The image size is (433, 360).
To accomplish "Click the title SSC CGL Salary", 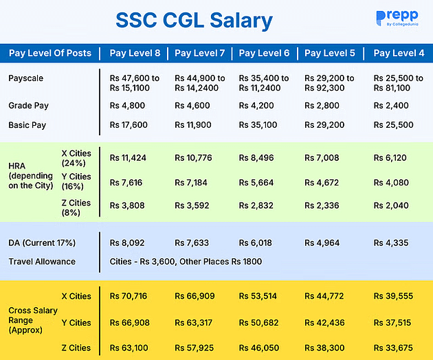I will pos(193,21).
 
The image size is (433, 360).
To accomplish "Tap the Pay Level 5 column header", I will pos(331,54).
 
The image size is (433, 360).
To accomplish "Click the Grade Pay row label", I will pos(28,106).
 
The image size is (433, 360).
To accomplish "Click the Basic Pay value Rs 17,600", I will pos(129,126).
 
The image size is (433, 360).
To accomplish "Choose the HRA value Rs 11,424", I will pos(129,157).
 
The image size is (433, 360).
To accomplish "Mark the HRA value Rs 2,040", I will pos(391,205).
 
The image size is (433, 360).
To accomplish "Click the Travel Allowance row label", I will pos(41,262).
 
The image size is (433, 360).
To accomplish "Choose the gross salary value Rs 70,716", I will pos(129,296).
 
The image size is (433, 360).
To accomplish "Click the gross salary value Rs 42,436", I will pos(324,323).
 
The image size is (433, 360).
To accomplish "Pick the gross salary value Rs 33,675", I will pos(392,348).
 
